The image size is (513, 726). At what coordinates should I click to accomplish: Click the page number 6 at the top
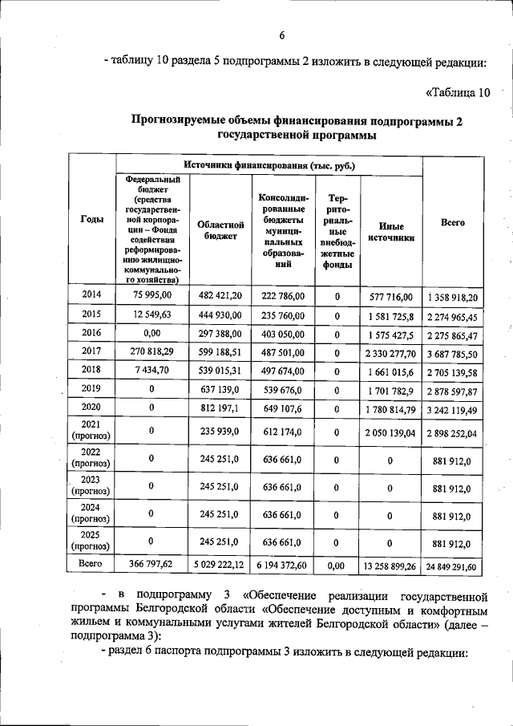coord(282,35)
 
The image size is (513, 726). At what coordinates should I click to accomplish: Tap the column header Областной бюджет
coord(219,231)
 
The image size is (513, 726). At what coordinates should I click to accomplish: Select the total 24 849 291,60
coord(454,567)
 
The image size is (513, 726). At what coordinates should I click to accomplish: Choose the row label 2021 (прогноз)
coord(91,431)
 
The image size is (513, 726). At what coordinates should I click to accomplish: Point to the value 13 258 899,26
coord(391,566)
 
